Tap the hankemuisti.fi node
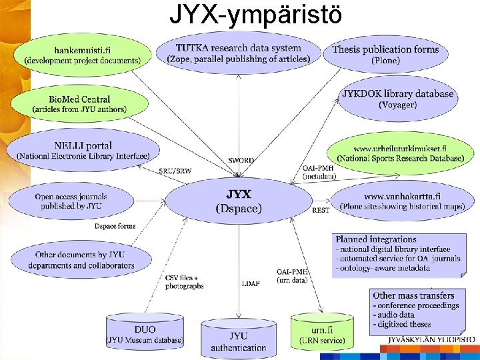[x=83, y=54]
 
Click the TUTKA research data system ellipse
[x=238, y=53]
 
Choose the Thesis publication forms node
[x=385, y=54]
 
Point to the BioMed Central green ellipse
[x=79, y=104]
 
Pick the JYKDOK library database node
[x=397, y=99]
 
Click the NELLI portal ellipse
[x=83, y=151]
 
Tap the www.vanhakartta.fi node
[x=402, y=201]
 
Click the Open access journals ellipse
[x=71, y=201]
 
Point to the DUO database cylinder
[x=145, y=334]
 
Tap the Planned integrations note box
[x=396, y=254]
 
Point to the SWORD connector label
[x=241, y=161]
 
